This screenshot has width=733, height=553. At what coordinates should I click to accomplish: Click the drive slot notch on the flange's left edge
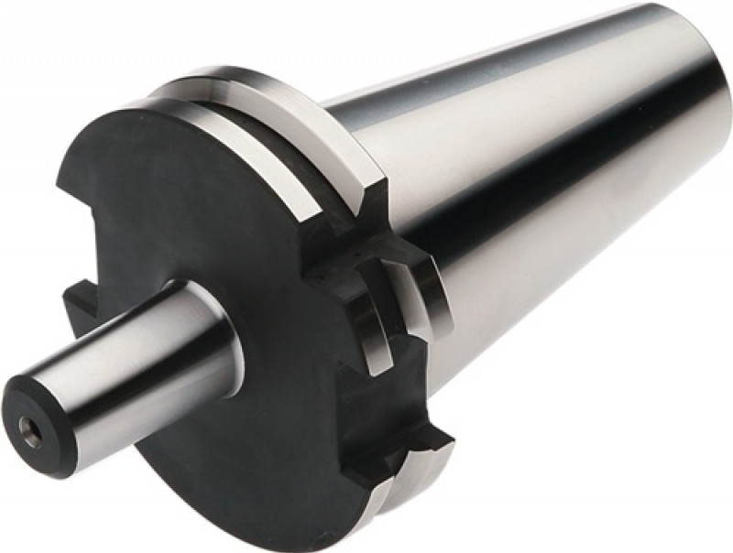tap(78, 302)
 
